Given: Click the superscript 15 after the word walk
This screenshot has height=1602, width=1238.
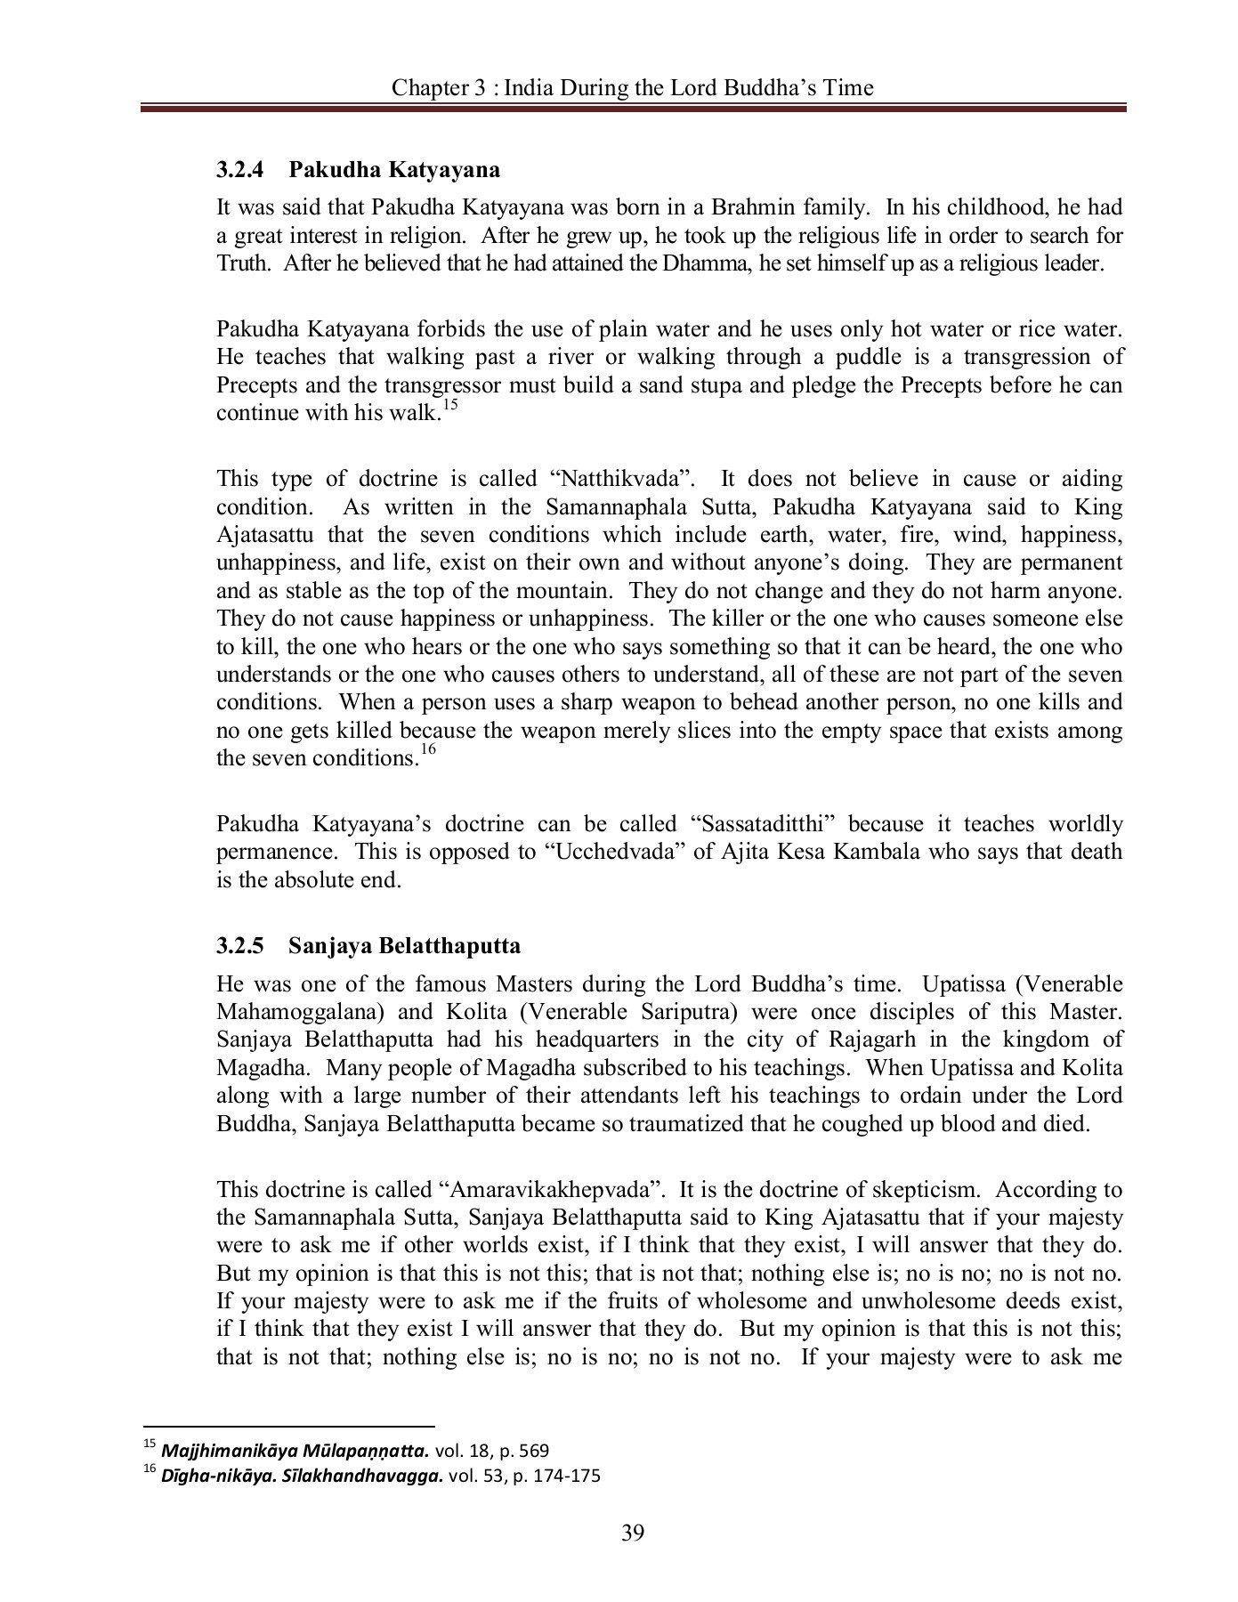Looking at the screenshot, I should [x=449, y=406].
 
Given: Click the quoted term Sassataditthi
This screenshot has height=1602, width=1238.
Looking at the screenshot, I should [x=765, y=824].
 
